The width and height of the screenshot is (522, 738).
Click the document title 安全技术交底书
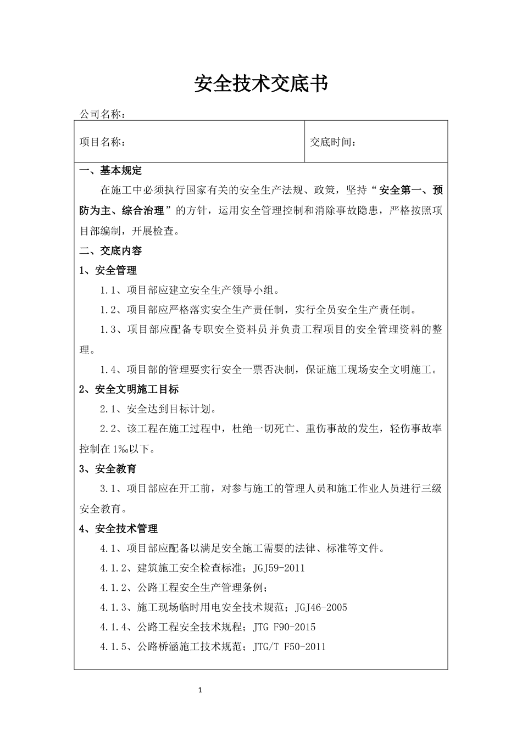coord(261,84)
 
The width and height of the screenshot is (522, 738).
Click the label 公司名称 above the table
coord(102,114)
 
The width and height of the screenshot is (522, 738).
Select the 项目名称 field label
coord(102,142)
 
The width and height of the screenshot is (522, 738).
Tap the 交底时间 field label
coord(333,142)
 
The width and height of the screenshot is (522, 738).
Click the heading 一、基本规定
coord(110,171)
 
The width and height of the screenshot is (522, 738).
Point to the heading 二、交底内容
coord(110,251)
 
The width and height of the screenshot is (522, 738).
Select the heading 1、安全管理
coord(108,270)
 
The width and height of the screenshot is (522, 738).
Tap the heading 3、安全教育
coord(108,469)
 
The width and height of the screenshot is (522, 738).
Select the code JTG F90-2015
coord(285,627)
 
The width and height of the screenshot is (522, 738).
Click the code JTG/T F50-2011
coord(290,647)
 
